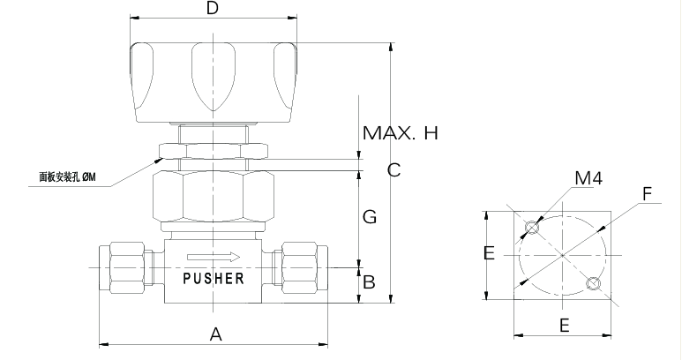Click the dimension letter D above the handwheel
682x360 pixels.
click(x=213, y=8)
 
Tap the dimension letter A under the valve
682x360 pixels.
click(x=216, y=334)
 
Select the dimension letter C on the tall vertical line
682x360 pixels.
click(x=393, y=169)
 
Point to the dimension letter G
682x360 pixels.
click(x=370, y=216)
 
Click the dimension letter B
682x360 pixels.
click(x=369, y=282)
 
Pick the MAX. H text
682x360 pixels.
click(x=401, y=133)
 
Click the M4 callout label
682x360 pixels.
click(x=588, y=178)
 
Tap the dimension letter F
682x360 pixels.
click(x=648, y=194)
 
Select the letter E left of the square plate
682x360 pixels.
click(x=489, y=253)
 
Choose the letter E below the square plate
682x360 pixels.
click(x=564, y=326)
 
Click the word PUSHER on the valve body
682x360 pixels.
click(x=214, y=278)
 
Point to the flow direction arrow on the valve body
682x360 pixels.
click(x=214, y=257)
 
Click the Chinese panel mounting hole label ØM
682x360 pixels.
click(x=67, y=177)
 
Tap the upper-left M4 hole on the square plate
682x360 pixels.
click(x=531, y=227)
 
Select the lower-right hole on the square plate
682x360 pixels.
click(x=593, y=283)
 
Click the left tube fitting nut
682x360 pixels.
click(x=126, y=267)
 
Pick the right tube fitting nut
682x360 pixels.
click(x=300, y=267)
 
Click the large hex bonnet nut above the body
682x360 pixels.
click(x=214, y=197)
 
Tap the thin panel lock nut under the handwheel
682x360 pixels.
click(x=214, y=150)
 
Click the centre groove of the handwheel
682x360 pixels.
click(x=214, y=77)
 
